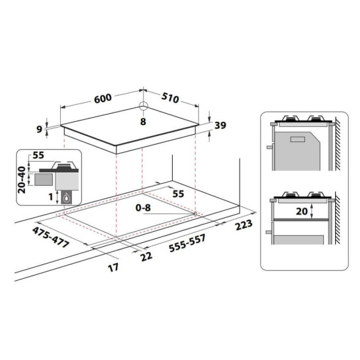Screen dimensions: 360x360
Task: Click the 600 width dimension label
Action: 101,99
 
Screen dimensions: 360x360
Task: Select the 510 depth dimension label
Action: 170,99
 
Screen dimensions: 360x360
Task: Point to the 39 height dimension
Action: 220,126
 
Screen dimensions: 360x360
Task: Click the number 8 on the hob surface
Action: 143,122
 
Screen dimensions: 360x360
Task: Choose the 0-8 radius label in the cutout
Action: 143,208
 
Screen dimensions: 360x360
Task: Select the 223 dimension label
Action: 243,226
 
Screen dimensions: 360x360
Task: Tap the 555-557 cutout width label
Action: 187,243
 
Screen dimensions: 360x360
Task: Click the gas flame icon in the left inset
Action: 66,196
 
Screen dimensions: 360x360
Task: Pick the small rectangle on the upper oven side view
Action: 297,138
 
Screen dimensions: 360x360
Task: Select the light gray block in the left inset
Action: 42,177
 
